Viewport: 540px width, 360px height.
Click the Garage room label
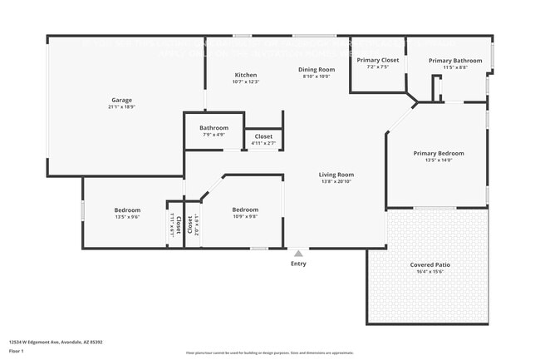[120, 100]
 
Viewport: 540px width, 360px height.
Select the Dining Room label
[317, 69]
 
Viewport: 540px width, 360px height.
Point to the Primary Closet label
[378, 60]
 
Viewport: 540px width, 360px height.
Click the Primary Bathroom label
[455, 60]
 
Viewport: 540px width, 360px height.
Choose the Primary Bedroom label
[439, 153]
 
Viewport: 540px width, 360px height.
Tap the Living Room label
[336, 175]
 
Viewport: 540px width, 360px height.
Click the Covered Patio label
[428, 264]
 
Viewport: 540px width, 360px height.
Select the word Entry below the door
[298, 264]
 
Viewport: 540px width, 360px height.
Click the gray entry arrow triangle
[298, 252]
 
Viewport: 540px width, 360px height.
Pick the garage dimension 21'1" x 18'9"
[120, 107]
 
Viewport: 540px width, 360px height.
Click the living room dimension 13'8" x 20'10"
[336, 182]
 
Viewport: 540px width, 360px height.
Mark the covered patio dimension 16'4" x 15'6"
[428, 272]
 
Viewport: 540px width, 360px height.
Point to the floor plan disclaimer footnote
[269, 353]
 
